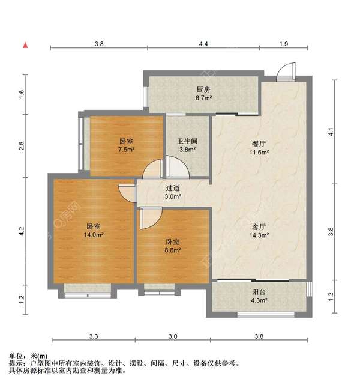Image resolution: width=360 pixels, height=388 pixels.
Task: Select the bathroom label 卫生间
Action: pos(187,142)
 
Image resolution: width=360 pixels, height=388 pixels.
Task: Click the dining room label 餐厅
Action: pos(259,144)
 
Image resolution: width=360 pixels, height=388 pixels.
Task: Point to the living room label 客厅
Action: pos(259,228)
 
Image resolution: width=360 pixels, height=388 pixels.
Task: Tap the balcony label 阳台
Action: pos(259,292)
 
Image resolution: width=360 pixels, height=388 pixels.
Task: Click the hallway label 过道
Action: pos(172,188)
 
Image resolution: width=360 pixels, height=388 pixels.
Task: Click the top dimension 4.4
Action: pos(203,44)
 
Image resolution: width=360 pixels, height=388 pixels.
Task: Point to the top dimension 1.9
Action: pos(284,44)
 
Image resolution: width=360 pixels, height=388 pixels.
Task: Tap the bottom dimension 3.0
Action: pos(172,337)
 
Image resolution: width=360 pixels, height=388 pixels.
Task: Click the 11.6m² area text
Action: pos(259,152)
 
